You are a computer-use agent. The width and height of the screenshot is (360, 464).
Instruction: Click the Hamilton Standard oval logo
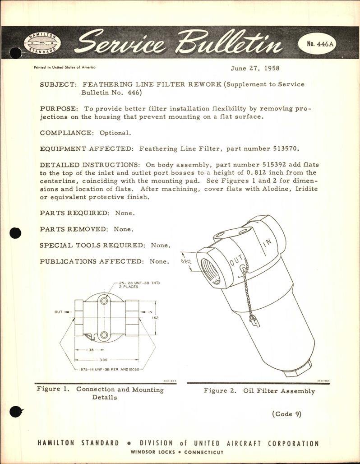click(42, 45)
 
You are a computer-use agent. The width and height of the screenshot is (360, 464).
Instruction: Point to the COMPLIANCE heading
click(69, 133)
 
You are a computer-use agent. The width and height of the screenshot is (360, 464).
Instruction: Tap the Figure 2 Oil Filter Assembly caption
click(259, 391)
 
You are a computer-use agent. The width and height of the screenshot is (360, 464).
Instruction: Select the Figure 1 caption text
click(102, 393)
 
